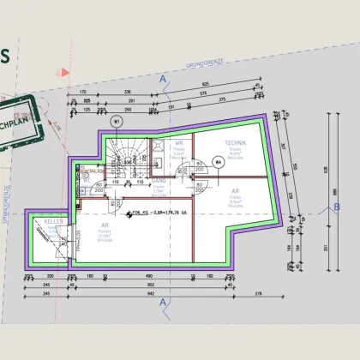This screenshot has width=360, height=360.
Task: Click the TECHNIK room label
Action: (237, 141)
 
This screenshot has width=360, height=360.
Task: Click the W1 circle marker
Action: (116, 120)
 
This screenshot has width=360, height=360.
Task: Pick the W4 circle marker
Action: (219, 159)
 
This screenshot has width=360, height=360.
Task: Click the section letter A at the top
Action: (162, 78)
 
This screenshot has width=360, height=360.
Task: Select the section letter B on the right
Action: (337, 207)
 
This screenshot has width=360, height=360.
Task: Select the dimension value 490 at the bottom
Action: (149, 275)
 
